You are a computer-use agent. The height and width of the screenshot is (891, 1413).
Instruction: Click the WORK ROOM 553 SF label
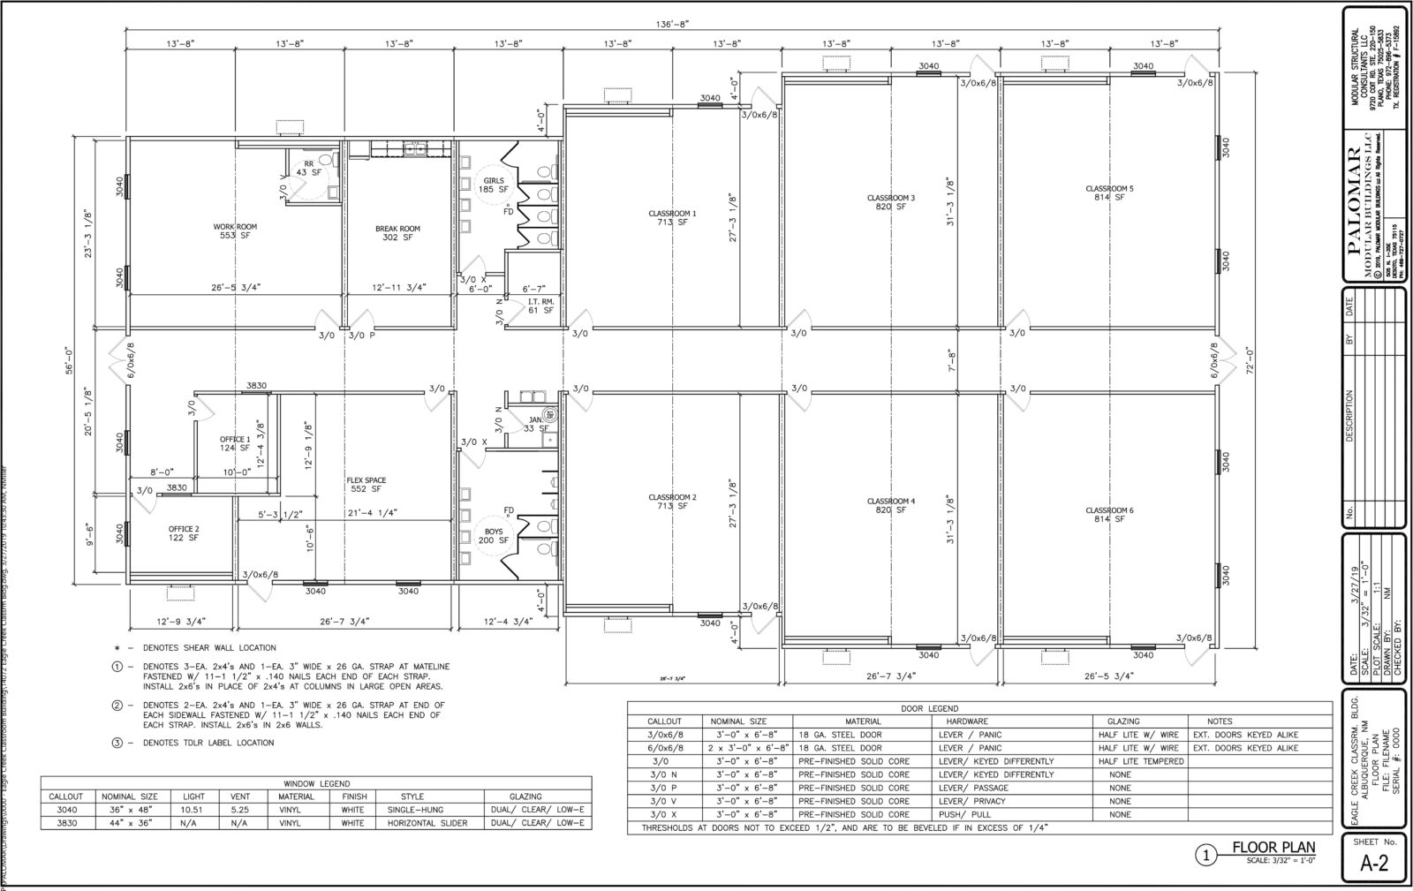tap(235, 231)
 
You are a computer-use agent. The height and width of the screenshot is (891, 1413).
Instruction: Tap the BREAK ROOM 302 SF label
tap(397, 233)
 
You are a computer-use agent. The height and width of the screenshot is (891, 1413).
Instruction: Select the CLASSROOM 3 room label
tap(890, 201)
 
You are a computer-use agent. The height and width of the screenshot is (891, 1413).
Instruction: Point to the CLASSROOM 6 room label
tap(1109, 515)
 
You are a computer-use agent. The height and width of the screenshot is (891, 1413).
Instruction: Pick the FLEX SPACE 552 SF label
tap(366, 485)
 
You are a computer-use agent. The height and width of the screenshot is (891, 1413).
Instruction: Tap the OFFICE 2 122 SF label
tap(184, 533)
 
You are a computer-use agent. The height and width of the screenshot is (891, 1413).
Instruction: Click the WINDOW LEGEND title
tap(316, 783)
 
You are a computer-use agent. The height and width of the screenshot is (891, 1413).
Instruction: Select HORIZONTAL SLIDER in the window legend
tap(424, 822)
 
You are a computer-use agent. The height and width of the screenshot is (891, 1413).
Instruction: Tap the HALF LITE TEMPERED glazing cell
tap(1139, 761)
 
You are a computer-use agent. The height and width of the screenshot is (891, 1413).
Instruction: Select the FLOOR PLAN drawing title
tap(1273, 848)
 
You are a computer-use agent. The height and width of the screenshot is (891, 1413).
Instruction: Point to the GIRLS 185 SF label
tap(493, 185)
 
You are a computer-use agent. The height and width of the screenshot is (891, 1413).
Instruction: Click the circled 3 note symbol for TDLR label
tap(117, 743)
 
